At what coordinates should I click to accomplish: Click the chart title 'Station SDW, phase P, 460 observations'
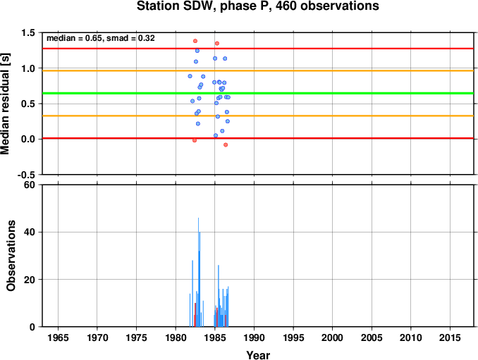click(x=257, y=6)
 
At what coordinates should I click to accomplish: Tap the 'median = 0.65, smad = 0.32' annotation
click(x=101, y=38)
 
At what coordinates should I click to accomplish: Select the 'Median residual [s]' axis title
click(x=5, y=104)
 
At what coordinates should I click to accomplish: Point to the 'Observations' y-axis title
click(x=11, y=256)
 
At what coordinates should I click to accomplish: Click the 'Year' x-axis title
click(x=258, y=355)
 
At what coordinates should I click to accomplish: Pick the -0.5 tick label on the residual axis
click(x=26, y=175)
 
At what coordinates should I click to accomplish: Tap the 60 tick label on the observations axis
click(x=30, y=185)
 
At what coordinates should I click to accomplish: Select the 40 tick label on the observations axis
click(x=30, y=232)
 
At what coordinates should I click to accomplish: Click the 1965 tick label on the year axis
click(x=58, y=337)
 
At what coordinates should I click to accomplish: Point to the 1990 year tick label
click(x=254, y=337)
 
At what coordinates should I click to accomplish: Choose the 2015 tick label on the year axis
click(x=450, y=337)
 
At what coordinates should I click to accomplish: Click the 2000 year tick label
click(x=332, y=337)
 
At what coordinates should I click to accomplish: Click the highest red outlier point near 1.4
click(x=195, y=41)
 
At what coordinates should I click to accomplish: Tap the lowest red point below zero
click(x=226, y=145)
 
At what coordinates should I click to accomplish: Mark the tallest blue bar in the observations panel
click(x=198, y=272)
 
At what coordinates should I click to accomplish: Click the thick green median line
click(x=258, y=93)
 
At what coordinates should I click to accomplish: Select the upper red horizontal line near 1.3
click(x=258, y=49)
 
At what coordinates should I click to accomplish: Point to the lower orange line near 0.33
click(x=258, y=116)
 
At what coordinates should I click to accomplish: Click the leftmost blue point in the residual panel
click(x=190, y=76)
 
